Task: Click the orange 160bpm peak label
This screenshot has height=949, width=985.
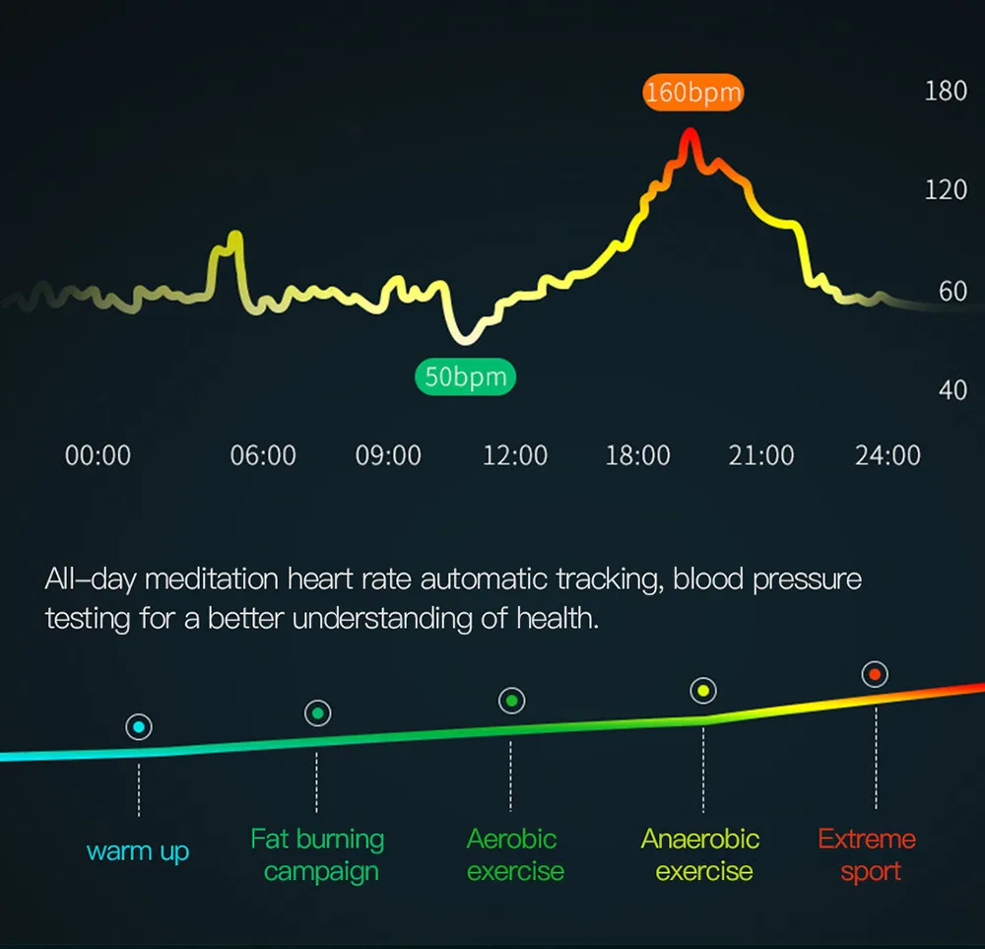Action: [692, 93]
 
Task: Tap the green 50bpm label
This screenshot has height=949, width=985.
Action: [466, 376]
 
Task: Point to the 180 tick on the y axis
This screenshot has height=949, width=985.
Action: [946, 91]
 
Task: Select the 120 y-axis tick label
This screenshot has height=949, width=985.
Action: [946, 190]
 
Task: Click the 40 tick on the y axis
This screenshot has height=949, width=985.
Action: [952, 390]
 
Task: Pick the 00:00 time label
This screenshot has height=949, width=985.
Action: [98, 455]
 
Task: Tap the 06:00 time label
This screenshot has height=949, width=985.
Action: [263, 455]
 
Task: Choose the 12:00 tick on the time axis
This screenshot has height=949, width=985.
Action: [515, 455]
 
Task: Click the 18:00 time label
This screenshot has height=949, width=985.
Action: [637, 455]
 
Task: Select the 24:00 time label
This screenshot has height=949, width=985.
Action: [887, 455]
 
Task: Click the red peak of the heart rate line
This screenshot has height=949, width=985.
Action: [689, 131]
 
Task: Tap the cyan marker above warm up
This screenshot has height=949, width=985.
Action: [139, 727]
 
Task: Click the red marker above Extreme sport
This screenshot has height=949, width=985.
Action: [875, 674]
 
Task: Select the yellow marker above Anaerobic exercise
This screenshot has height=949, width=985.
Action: [703, 691]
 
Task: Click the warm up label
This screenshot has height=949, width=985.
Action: [138, 852]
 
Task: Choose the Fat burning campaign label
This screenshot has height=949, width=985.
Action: [318, 855]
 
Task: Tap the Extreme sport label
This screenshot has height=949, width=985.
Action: [868, 855]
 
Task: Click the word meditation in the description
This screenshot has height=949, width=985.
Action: [212, 578]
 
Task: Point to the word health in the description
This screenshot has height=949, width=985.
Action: [558, 619]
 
